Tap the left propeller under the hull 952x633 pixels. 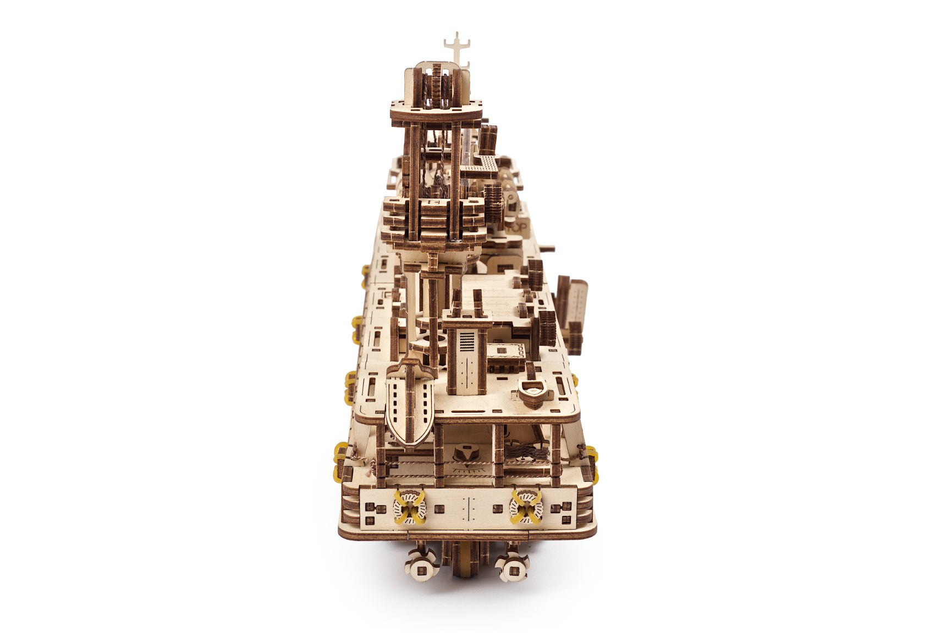coord(421,566)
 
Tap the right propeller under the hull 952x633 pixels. coord(512,566)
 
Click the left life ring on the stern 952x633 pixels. coord(409,507)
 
